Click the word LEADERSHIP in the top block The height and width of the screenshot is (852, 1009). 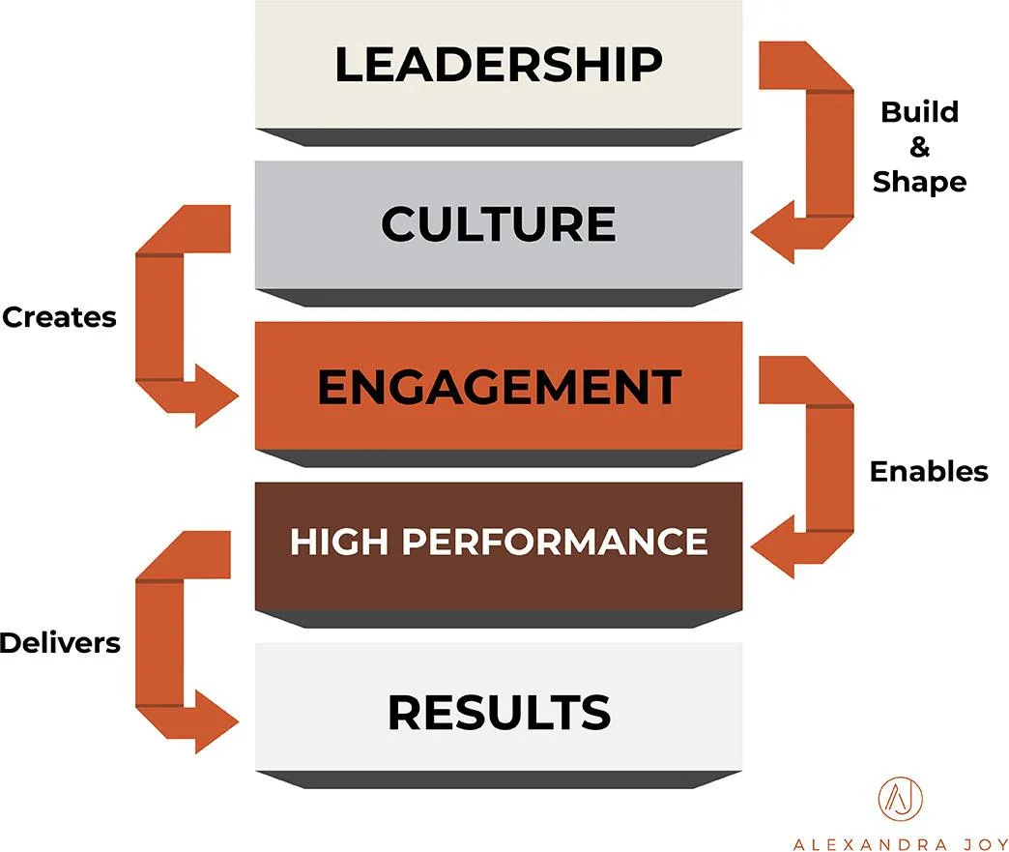tap(498, 65)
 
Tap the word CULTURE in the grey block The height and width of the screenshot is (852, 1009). tap(498, 224)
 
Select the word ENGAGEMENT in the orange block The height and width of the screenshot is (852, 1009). tap(498, 387)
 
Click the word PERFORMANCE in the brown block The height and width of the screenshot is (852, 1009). tap(555, 543)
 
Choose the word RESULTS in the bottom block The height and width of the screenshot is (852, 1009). tap(499, 713)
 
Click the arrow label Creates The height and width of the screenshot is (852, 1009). tap(59, 317)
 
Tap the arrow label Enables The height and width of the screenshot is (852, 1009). tap(929, 471)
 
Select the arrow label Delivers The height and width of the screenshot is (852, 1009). tap(60, 642)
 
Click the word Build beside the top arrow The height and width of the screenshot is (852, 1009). tap(919, 112)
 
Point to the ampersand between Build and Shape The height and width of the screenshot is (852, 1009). tap(920, 147)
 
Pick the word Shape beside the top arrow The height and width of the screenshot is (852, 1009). tap(919, 182)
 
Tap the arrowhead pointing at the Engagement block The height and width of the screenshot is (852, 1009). tap(216, 396)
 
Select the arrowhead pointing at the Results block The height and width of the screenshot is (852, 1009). tap(216, 721)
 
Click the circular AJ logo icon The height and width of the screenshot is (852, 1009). tap(900, 799)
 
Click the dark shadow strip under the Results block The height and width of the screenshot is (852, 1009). tap(498, 779)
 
